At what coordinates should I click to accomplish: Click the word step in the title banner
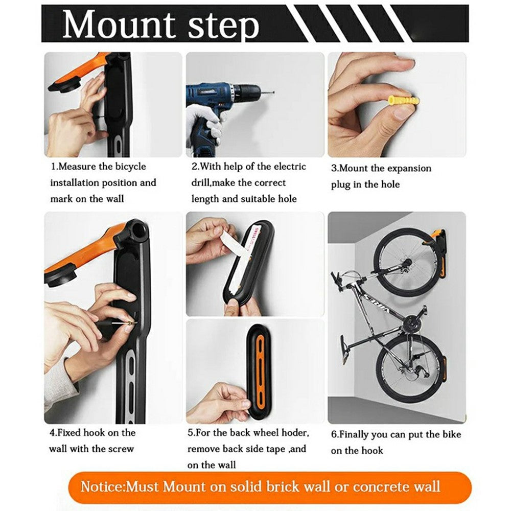[x=223, y=27]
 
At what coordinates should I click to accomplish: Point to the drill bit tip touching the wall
[x=272, y=92]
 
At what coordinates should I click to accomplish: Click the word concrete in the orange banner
[x=376, y=485]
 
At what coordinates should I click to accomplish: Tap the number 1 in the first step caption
[x=53, y=167]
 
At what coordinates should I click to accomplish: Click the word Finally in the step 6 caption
[x=355, y=435]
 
